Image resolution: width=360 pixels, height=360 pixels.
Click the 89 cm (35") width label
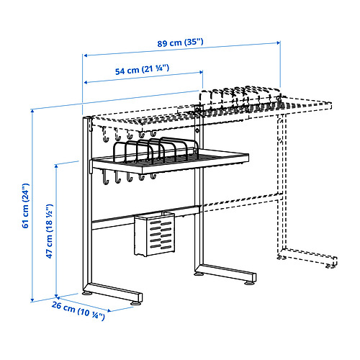(180, 42)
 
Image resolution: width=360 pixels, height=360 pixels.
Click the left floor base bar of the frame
(115, 294)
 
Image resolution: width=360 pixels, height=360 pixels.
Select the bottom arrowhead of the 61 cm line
(33, 298)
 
